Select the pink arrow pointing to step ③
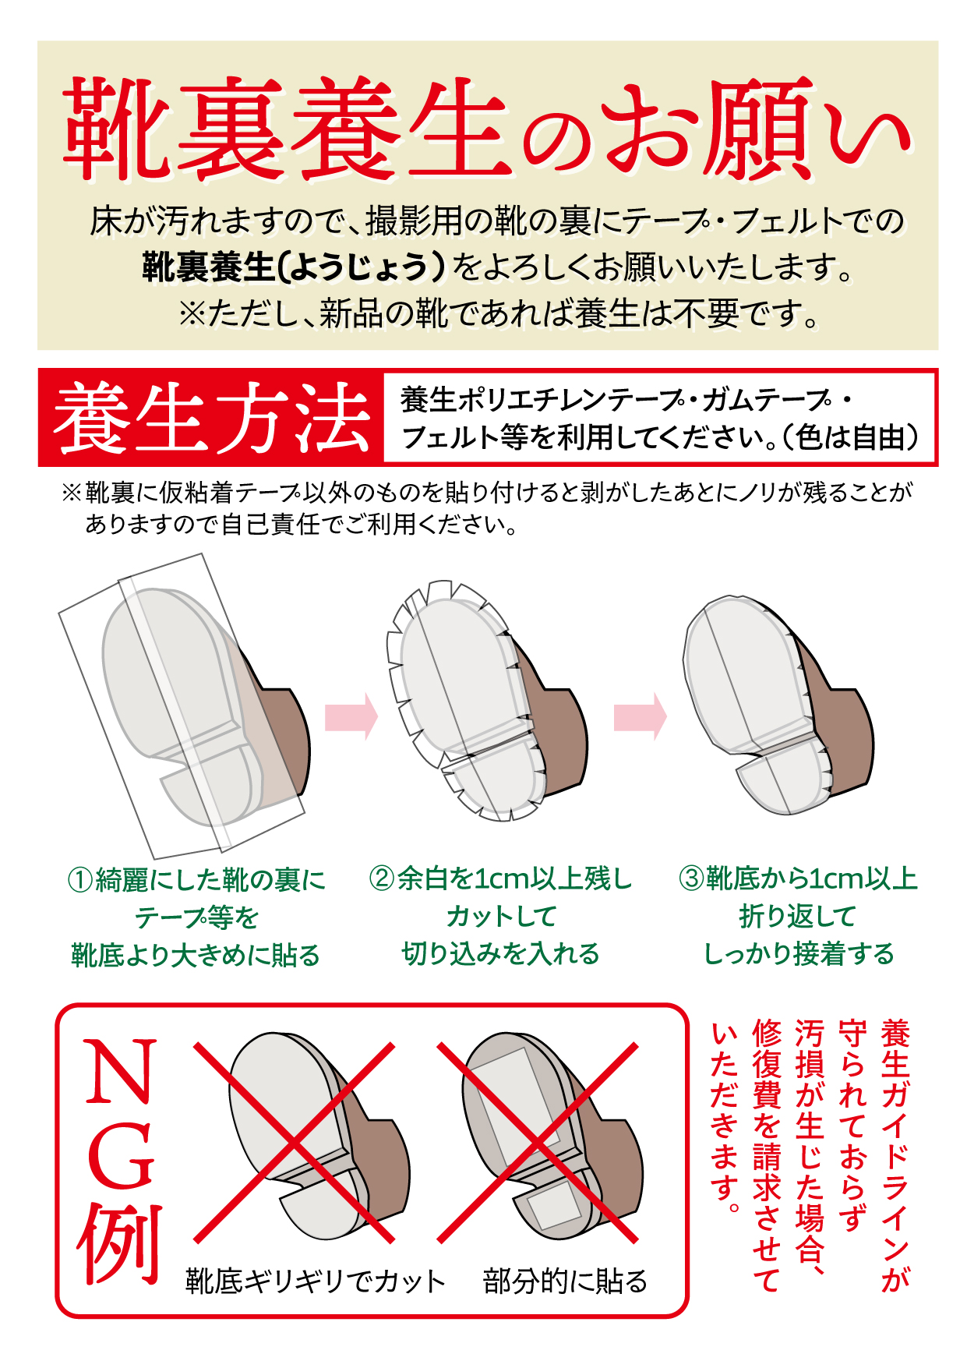pyautogui.click(x=641, y=716)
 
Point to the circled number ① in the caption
pyautogui.click(x=81, y=880)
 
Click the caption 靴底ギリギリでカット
pyautogui.click(x=316, y=1281)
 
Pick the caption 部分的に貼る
pyautogui.click(x=566, y=1281)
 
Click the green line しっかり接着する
pyautogui.click(x=799, y=954)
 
